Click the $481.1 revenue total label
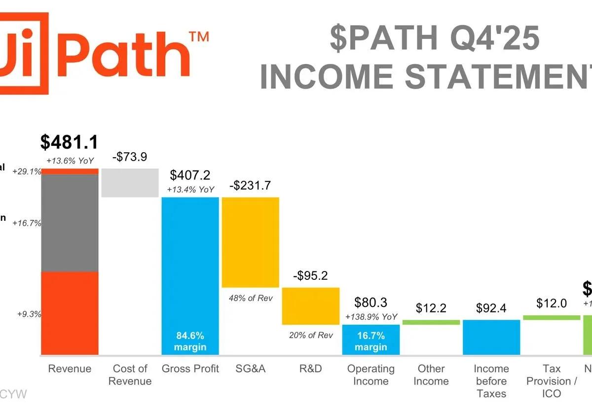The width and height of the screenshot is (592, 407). coord(69,142)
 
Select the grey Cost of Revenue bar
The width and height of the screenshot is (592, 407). coord(130,183)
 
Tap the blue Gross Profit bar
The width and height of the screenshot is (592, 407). coord(190,261)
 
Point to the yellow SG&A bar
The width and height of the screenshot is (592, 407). coord(250,242)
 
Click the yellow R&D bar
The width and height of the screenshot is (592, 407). coord(310,305)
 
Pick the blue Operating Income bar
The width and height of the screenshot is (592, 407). coord(370,339)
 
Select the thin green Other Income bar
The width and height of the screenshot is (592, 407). coord(431,322)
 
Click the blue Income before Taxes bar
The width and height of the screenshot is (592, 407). coord(491,337)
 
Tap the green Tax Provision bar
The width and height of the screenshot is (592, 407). coord(551,317)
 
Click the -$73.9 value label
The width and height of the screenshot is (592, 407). coord(130,157)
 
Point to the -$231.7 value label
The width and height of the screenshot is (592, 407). coord(250,186)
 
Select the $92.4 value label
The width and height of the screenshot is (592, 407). coord(491,308)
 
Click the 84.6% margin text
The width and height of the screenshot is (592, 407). coord(190,341)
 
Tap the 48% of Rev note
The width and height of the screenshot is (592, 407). coord(251,298)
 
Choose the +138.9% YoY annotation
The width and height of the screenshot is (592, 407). coord(371,317)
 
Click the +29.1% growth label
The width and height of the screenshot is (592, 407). coord(28,172)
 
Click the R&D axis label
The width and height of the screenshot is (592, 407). coord(310,369)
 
